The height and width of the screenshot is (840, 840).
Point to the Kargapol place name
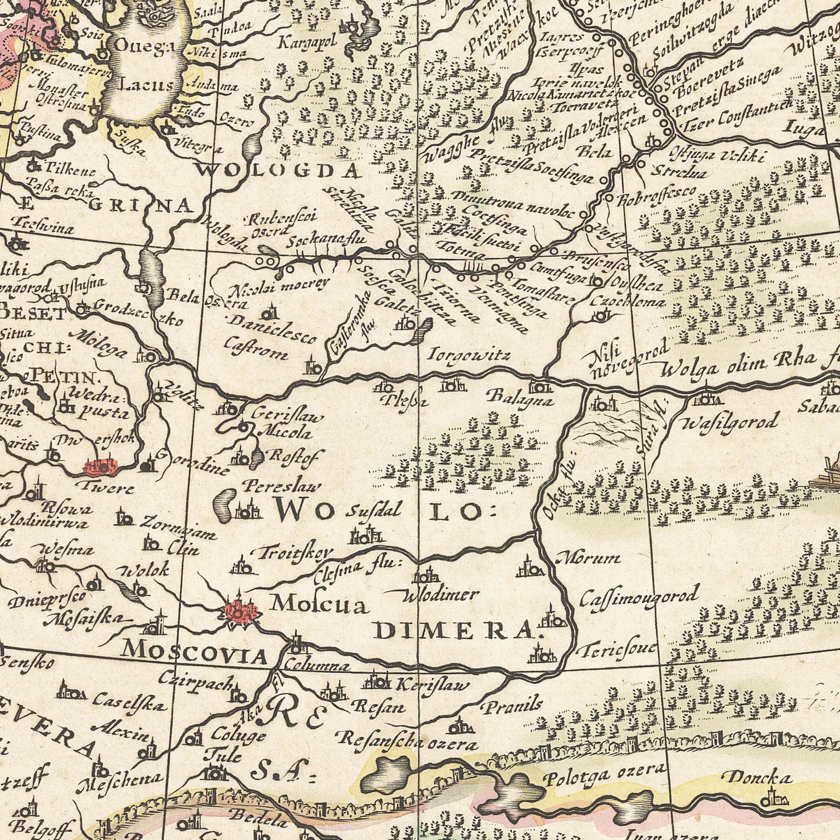tap(308, 43)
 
